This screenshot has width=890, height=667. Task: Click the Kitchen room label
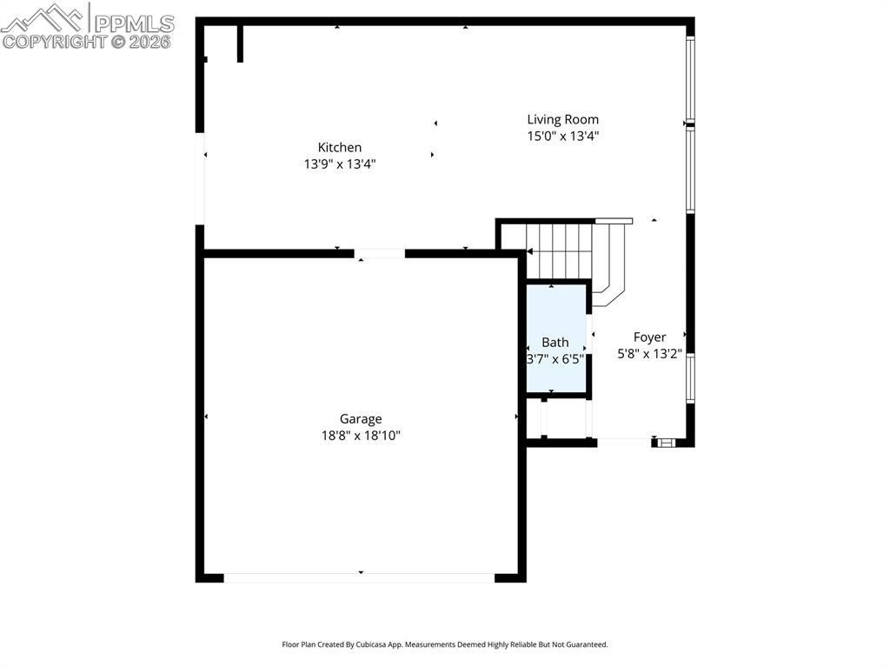coord(339,148)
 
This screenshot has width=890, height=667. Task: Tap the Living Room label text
coord(562,120)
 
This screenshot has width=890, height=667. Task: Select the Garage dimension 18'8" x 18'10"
coord(360,436)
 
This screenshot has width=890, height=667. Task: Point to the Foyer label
coord(649,337)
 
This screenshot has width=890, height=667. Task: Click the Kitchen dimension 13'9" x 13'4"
coord(339,163)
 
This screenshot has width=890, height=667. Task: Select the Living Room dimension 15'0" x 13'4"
coord(562,136)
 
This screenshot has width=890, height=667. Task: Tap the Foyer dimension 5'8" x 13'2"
coord(649,354)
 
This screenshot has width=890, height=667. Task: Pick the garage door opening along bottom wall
coord(359,577)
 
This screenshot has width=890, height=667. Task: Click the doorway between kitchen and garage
coord(379,254)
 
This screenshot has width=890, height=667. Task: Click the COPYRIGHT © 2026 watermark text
coord(87,41)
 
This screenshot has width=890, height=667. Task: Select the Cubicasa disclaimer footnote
coord(444,644)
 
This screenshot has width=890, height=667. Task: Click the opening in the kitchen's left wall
coord(202,178)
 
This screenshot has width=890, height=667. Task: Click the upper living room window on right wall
coord(690,78)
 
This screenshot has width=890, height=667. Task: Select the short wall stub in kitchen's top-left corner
coord(240,43)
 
